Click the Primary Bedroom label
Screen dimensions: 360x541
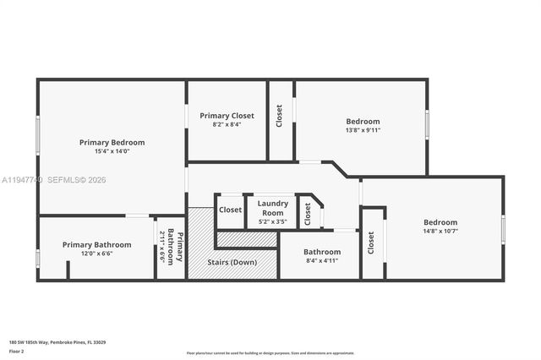(x=112, y=142)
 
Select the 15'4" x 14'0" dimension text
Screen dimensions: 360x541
(x=112, y=152)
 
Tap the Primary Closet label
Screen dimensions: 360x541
(x=227, y=115)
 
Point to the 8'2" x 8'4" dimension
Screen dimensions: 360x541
(x=227, y=124)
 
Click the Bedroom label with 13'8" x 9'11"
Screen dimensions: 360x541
(x=363, y=121)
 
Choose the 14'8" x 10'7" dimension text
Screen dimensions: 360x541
(x=440, y=232)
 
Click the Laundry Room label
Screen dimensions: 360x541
(x=272, y=208)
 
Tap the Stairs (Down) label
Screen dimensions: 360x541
(x=232, y=262)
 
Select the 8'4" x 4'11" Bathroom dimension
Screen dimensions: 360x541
(x=321, y=261)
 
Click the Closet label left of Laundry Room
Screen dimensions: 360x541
(x=230, y=210)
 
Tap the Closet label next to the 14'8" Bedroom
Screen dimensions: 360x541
(x=371, y=243)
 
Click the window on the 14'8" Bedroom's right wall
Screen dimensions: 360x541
(x=503, y=229)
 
